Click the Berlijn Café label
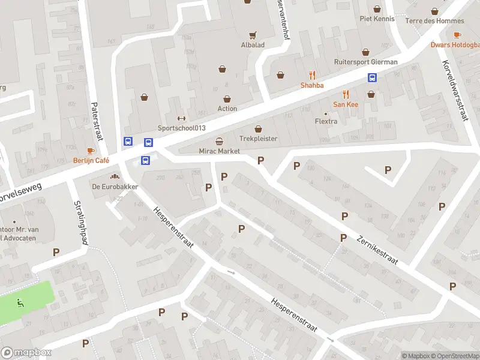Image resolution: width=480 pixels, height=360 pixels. (91, 160)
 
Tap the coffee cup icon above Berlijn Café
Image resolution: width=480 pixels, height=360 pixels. (91, 151)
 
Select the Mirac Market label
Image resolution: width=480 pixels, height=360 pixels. (220, 151)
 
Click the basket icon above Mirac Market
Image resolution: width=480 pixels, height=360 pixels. (220, 142)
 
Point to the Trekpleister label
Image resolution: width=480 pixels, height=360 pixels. (259, 139)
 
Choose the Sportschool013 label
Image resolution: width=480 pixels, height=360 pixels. (182, 128)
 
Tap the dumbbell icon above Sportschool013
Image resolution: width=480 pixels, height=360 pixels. (182, 118)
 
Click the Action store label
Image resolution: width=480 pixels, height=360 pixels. (227, 109)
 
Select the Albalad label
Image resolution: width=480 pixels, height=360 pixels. (253, 46)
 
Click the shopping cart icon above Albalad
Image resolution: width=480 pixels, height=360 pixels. (253, 35)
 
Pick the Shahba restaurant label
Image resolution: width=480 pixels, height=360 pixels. (312, 85)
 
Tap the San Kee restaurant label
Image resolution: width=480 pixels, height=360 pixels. (346, 104)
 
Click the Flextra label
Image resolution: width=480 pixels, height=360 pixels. (326, 121)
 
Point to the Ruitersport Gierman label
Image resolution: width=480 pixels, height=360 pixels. (365, 62)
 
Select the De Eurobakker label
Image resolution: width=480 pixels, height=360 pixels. (115, 187)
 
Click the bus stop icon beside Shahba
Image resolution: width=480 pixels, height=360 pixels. (373, 78)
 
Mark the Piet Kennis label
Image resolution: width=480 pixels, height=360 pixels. (377, 19)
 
